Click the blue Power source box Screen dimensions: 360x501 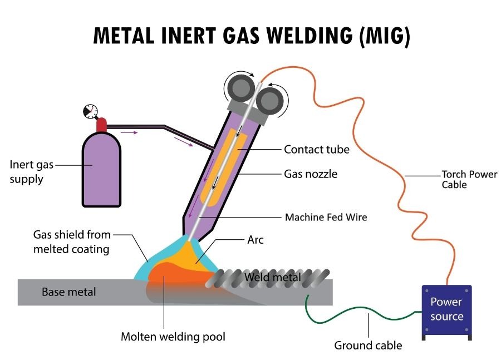(446, 310)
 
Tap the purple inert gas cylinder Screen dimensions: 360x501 (102, 170)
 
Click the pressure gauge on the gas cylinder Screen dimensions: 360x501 (89, 111)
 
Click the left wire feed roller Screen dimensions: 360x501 (239, 87)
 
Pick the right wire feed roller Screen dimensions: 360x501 (271, 101)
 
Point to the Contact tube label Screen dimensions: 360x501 (317, 149)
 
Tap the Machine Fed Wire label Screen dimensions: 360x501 (326, 217)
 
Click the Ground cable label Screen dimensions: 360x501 (368, 346)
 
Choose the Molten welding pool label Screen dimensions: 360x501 (173, 337)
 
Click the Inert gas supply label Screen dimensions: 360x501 (31, 172)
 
